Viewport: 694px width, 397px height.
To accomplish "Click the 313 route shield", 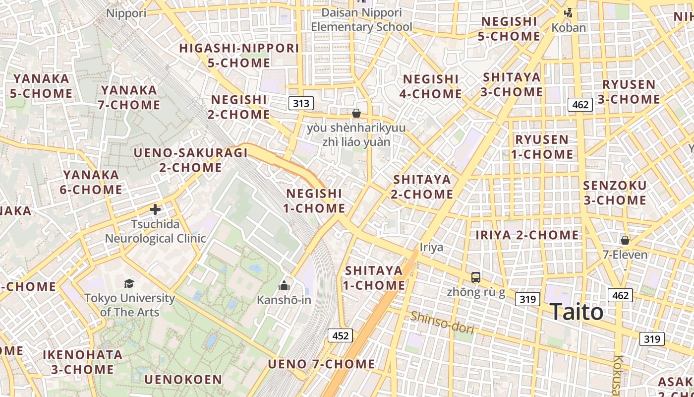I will coord(301,103).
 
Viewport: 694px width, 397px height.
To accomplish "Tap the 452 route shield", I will coord(340,336).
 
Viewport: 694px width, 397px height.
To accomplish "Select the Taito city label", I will coord(577,312).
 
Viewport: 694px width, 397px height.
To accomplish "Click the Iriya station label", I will coord(431,247).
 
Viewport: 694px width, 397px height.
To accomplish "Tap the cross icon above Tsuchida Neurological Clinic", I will coord(155,209).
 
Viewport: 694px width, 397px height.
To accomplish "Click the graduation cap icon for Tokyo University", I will coord(129,283).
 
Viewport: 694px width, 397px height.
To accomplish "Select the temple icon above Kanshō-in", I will coord(284,285).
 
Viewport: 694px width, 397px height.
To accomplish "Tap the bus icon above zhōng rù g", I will coord(476,277).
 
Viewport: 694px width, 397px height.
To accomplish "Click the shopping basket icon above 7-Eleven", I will coord(625,240).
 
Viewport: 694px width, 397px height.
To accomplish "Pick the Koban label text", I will coord(569,28).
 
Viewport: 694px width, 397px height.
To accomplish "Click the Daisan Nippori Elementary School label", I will coord(361,19).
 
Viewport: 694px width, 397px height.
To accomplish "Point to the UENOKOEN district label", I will coord(183,380).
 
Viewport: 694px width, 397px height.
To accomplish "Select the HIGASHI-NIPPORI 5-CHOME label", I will coord(239,56).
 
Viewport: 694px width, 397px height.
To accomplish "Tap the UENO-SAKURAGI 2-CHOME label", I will coord(191,160).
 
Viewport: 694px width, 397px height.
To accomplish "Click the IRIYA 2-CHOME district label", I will coord(527,235).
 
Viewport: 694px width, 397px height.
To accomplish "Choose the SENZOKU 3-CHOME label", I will coord(615,193).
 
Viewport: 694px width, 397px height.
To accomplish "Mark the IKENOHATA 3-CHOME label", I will coord(82,362).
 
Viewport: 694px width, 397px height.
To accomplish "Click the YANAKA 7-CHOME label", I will coord(130,97).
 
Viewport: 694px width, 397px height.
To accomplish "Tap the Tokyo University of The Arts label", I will coord(129,305).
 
